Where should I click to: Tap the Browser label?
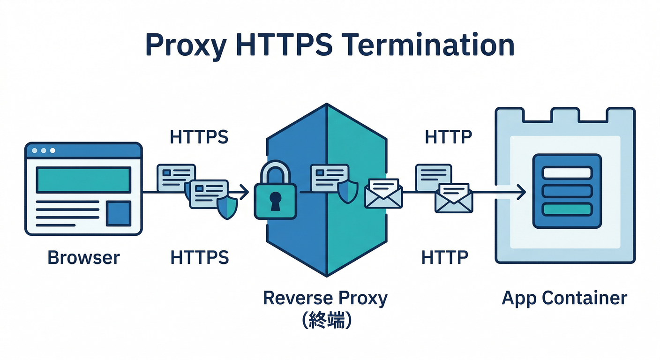[83, 257]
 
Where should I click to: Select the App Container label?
[564, 298]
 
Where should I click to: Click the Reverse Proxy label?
[325, 298]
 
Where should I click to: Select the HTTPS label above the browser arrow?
[199, 137]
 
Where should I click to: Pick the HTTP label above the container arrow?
[448, 137]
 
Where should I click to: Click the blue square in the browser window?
[119, 214]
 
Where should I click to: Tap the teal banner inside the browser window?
[83, 180]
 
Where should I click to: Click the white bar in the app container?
[567, 172]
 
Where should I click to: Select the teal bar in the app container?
[567, 209]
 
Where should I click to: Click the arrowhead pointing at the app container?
[521, 192]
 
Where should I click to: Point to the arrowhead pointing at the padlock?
[244, 192]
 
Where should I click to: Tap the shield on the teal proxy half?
[348, 192]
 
